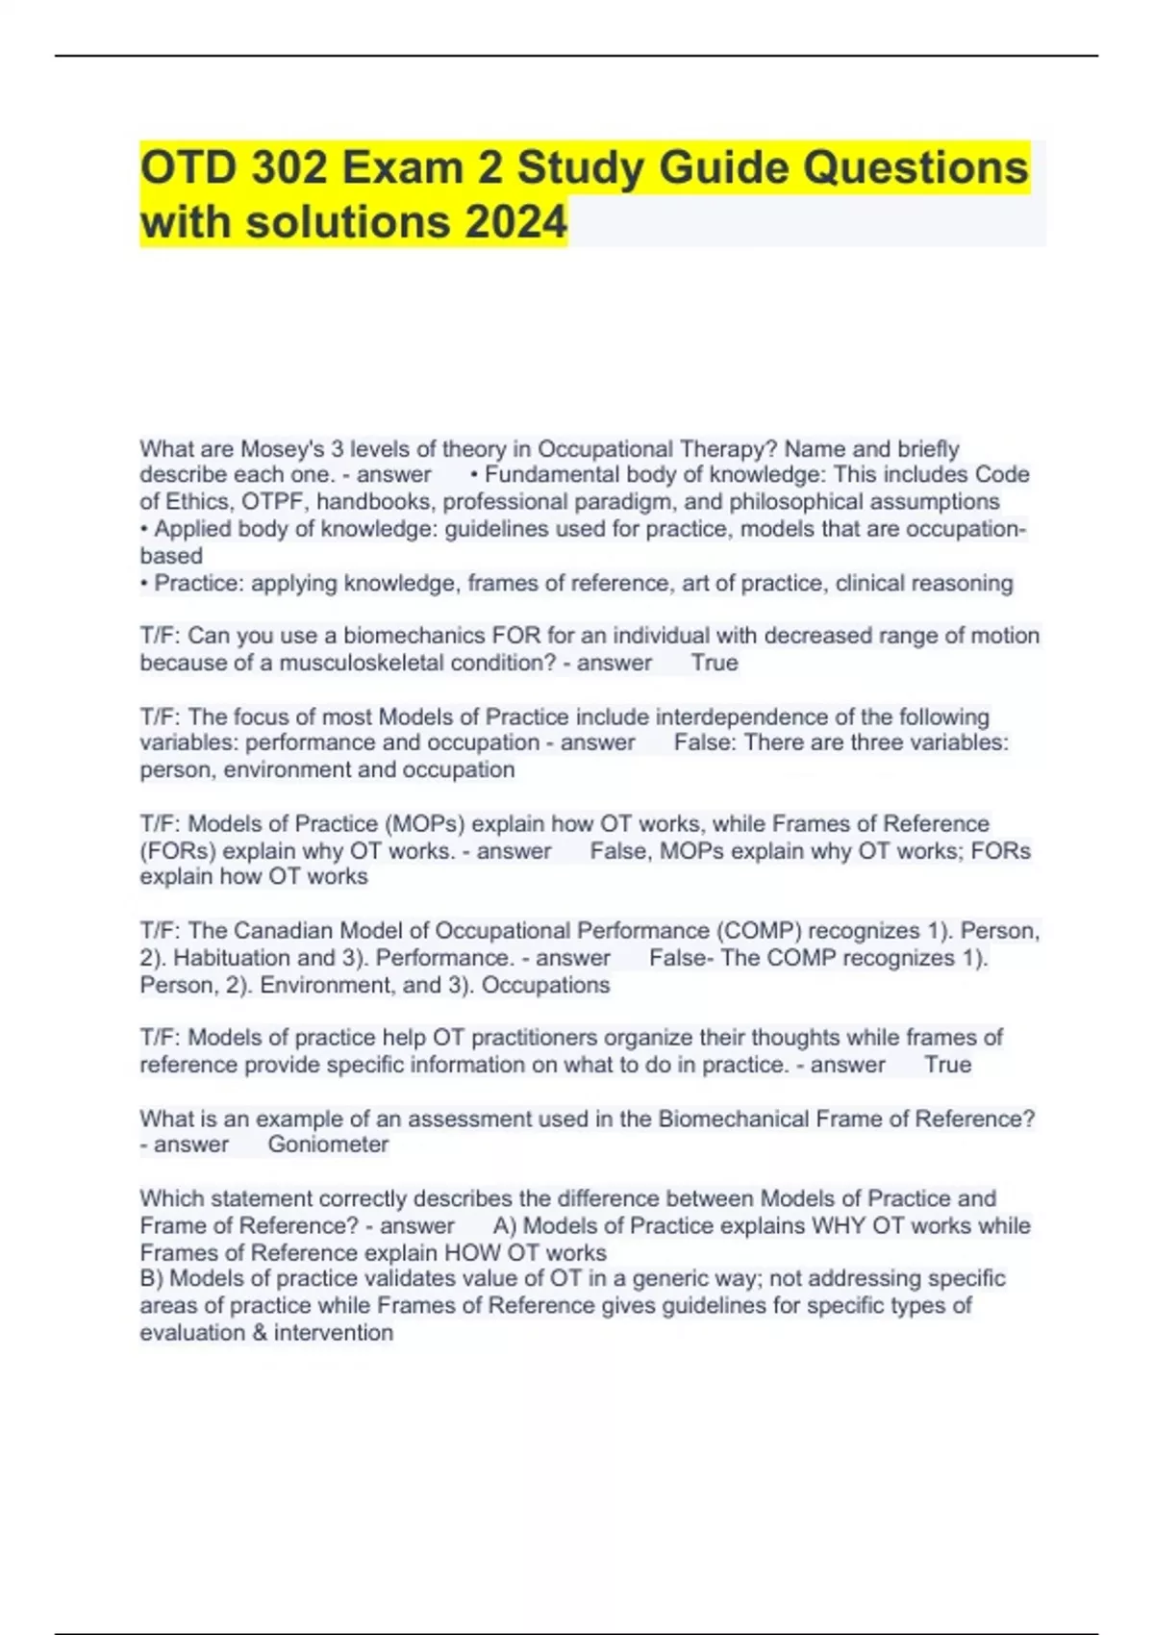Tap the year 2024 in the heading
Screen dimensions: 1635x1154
point(516,222)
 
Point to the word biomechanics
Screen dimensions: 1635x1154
point(414,636)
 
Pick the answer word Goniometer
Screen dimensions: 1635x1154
point(328,1144)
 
